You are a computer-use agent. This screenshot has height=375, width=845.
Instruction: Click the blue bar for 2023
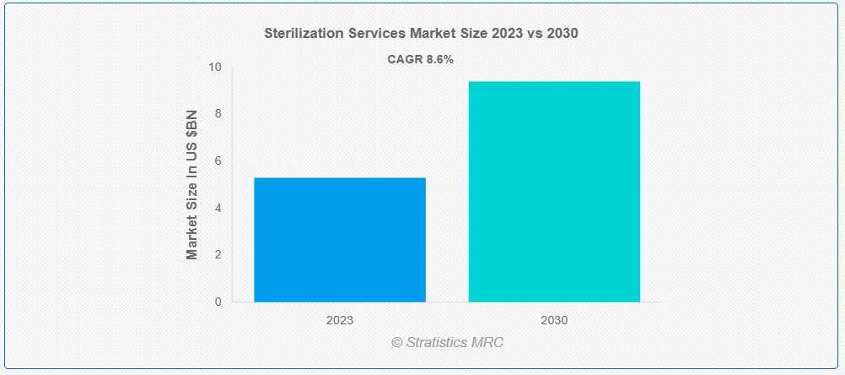[340, 239]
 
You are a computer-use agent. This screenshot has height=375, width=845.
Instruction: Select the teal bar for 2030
[554, 191]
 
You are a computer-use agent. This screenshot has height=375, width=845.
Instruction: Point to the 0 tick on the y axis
[218, 302]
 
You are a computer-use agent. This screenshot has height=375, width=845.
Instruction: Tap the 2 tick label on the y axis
[218, 254]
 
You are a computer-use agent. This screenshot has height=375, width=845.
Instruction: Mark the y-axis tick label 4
[218, 208]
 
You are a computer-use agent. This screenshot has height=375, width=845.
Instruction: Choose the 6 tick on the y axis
[218, 160]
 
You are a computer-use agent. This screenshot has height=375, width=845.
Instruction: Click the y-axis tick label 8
[218, 114]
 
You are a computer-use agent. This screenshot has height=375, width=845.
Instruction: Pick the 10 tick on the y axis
[215, 67]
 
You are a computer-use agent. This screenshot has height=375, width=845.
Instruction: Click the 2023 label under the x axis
[340, 321]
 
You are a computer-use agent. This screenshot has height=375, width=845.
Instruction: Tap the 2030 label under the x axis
[554, 321]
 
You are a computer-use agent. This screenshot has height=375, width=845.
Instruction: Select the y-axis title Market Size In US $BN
[192, 184]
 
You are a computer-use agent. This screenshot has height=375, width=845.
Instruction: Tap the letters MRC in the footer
[490, 342]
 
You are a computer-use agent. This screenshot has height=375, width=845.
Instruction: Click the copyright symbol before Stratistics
[397, 342]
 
